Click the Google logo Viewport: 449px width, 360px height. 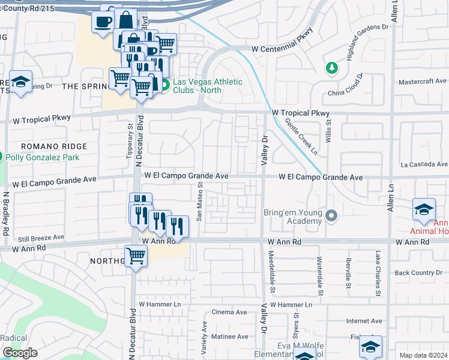[20, 353]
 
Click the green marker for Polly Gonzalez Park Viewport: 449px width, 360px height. [1, 157]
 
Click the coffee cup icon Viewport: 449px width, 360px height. [103, 22]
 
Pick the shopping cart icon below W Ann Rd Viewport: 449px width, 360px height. [136, 256]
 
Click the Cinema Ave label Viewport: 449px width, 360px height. [229, 313]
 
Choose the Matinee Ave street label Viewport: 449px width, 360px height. [228, 337]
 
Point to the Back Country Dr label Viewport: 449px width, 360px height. [418, 273]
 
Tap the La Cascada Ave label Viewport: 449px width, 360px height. [424, 164]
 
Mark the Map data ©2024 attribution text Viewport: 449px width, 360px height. [423, 355]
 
